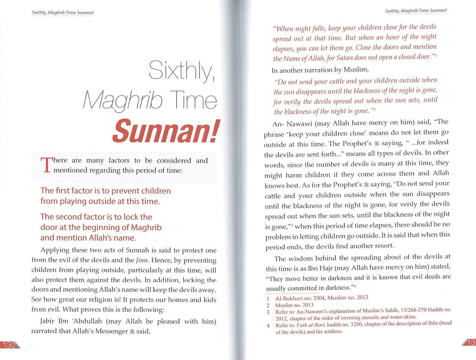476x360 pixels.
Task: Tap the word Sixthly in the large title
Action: (182, 70)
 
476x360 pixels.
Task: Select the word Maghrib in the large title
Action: (123, 100)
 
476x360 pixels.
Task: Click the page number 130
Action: (8, 345)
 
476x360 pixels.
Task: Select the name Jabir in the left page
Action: (49, 321)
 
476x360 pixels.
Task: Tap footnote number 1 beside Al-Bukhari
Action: (268, 298)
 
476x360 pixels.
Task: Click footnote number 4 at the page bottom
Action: (268, 325)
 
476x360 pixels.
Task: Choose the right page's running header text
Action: (416, 11)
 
